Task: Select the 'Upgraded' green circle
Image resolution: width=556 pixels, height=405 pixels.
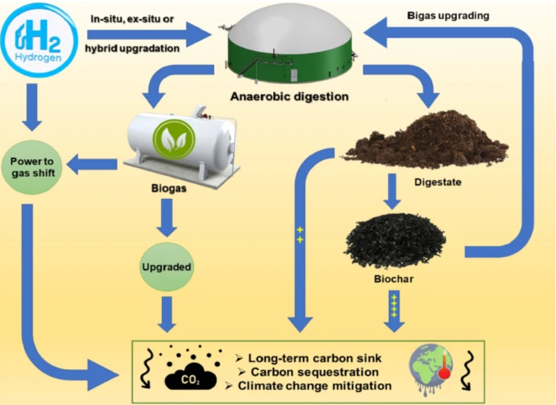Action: (x=166, y=267)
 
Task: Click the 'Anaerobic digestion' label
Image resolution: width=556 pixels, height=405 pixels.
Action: (x=289, y=97)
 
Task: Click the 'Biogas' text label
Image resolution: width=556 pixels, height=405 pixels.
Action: (x=168, y=188)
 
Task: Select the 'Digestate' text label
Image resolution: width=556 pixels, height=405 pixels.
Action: (x=438, y=181)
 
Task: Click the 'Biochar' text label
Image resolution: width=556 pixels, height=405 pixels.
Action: (x=395, y=281)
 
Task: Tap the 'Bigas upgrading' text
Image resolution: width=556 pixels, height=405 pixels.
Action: (x=448, y=16)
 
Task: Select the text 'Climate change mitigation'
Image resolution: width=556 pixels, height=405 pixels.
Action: (x=314, y=386)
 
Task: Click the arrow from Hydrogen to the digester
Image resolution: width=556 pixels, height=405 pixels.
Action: (x=149, y=34)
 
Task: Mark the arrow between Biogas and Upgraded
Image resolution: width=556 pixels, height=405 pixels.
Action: (x=167, y=217)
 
